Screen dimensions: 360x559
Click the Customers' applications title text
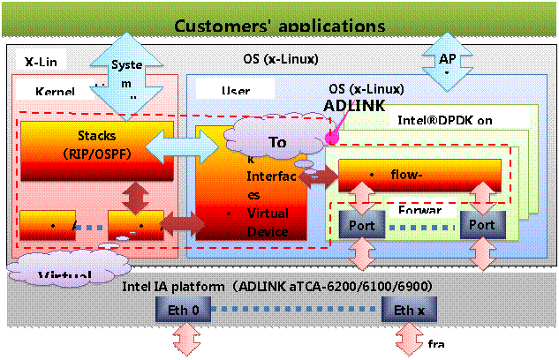pyautogui.click(x=279, y=24)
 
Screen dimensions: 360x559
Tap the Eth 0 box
pyautogui.click(x=190, y=310)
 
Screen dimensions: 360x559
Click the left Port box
pyautogui.click(x=362, y=226)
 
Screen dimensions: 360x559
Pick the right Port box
pyautogui.click(x=482, y=226)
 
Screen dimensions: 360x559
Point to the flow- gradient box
pyautogui.click(x=419, y=175)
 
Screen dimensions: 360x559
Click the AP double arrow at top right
pyautogui.click(x=448, y=60)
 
